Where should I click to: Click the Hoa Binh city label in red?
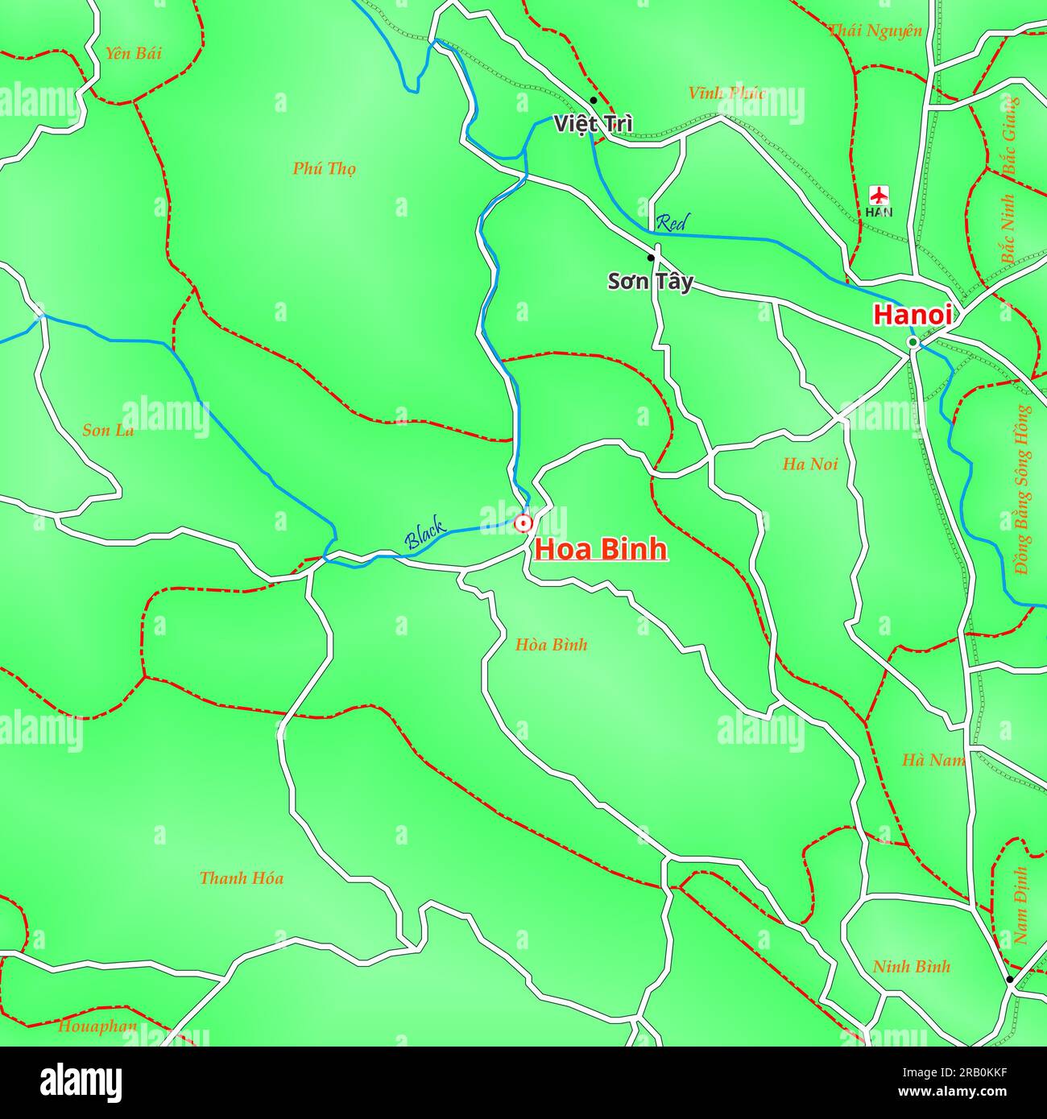point(601,549)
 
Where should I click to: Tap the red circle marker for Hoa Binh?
point(523,523)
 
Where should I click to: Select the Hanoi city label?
point(913,315)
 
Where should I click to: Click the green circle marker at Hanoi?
point(913,343)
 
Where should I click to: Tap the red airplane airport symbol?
point(879,195)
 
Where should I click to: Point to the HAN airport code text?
point(879,213)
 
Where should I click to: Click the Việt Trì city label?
point(593,124)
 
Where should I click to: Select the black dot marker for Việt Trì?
point(593,101)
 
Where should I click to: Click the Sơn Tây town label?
point(649,282)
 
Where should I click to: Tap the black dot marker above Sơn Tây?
point(651,258)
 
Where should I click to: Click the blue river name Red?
point(671,223)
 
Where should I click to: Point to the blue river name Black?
point(424,535)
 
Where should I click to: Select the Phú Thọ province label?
point(324,168)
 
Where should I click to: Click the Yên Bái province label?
point(133,53)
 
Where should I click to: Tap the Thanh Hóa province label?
point(241,878)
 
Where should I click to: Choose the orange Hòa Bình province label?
point(551,645)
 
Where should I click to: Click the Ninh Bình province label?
point(911,967)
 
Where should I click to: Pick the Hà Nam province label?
point(932,760)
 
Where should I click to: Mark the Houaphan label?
point(97,1026)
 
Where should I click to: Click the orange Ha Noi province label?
point(809,464)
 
